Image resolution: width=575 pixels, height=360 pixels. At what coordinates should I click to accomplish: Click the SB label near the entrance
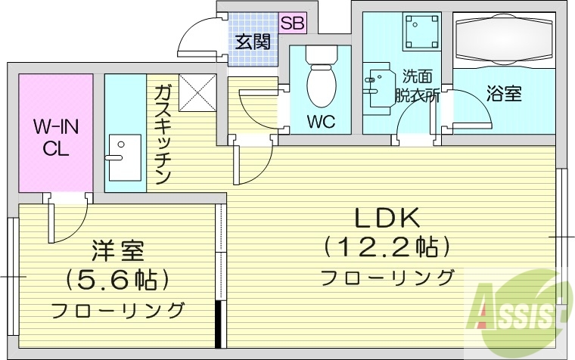tap(292, 23)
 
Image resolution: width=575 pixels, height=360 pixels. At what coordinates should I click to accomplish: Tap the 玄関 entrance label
tap(252, 42)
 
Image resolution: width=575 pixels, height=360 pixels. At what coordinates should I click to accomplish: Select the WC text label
tap(320, 120)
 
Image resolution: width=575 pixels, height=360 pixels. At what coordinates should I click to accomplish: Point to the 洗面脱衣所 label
tap(418, 85)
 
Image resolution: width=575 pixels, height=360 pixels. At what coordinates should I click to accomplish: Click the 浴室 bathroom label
tap(503, 94)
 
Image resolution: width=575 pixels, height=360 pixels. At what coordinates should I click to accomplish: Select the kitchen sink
tap(124, 157)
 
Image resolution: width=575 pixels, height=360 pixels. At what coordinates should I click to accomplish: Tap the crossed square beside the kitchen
tap(197, 93)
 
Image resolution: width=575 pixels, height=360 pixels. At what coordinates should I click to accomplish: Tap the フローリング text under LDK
tap(387, 278)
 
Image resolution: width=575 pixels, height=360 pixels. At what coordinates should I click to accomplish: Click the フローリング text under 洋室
tap(118, 310)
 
